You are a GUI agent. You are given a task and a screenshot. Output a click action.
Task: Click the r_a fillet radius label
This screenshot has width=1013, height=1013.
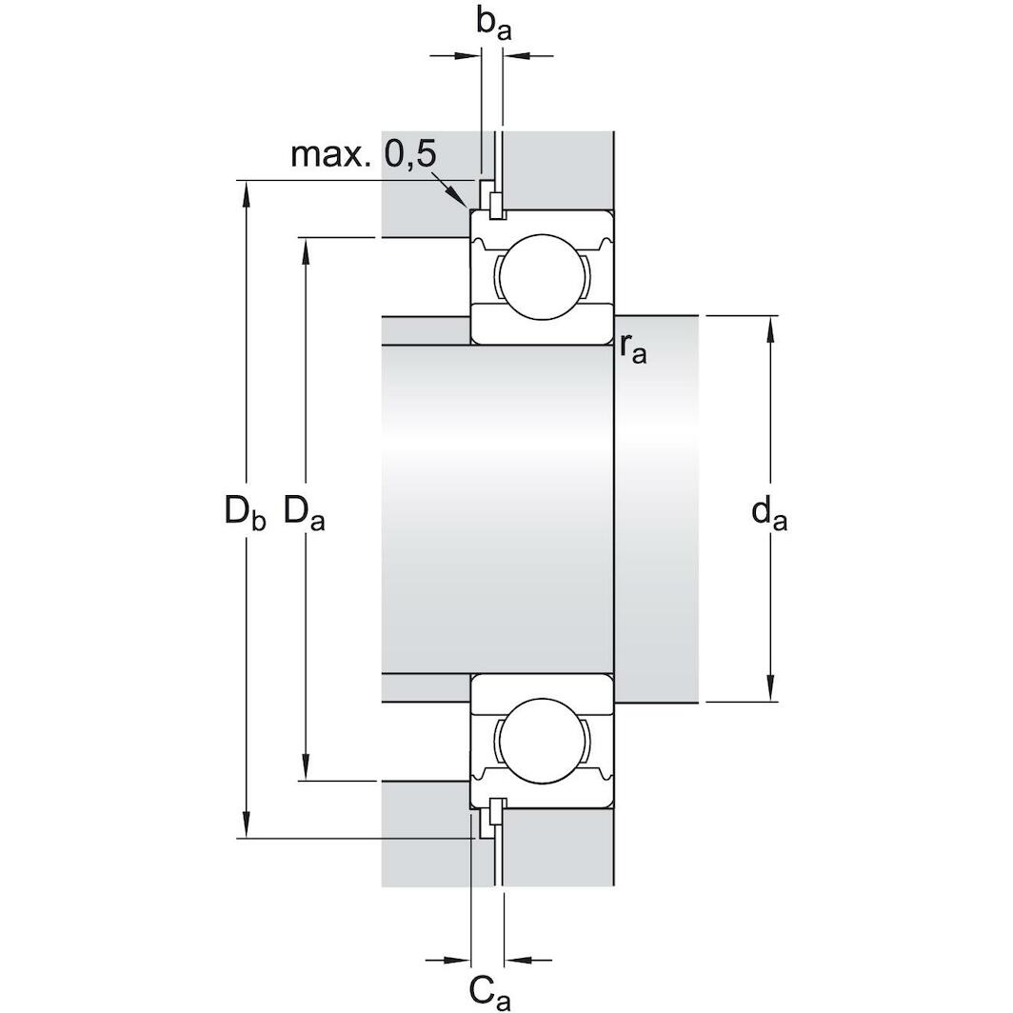[632, 348]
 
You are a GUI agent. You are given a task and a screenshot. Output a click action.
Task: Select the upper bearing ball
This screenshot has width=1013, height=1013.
[542, 276]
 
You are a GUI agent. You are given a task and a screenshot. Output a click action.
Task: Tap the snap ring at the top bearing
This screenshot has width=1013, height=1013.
[495, 203]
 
